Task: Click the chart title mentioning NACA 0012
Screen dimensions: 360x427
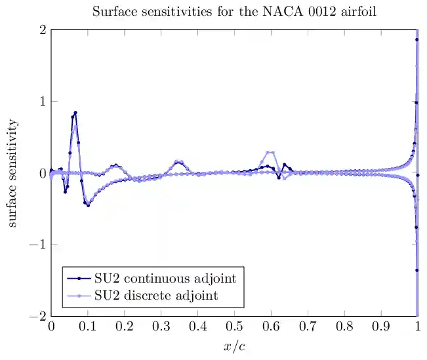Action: [x=234, y=12]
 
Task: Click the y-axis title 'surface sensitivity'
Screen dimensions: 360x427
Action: [x=13, y=173]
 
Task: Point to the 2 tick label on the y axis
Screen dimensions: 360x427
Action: [x=41, y=30]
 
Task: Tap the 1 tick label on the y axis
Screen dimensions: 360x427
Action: [x=41, y=102]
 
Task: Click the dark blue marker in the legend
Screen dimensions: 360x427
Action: [x=79, y=279]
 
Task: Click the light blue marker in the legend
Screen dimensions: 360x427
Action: [x=79, y=296]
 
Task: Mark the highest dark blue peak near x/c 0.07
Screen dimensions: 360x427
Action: [x=75, y=113]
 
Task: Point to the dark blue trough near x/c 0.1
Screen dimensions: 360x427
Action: [x=88, y=205]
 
